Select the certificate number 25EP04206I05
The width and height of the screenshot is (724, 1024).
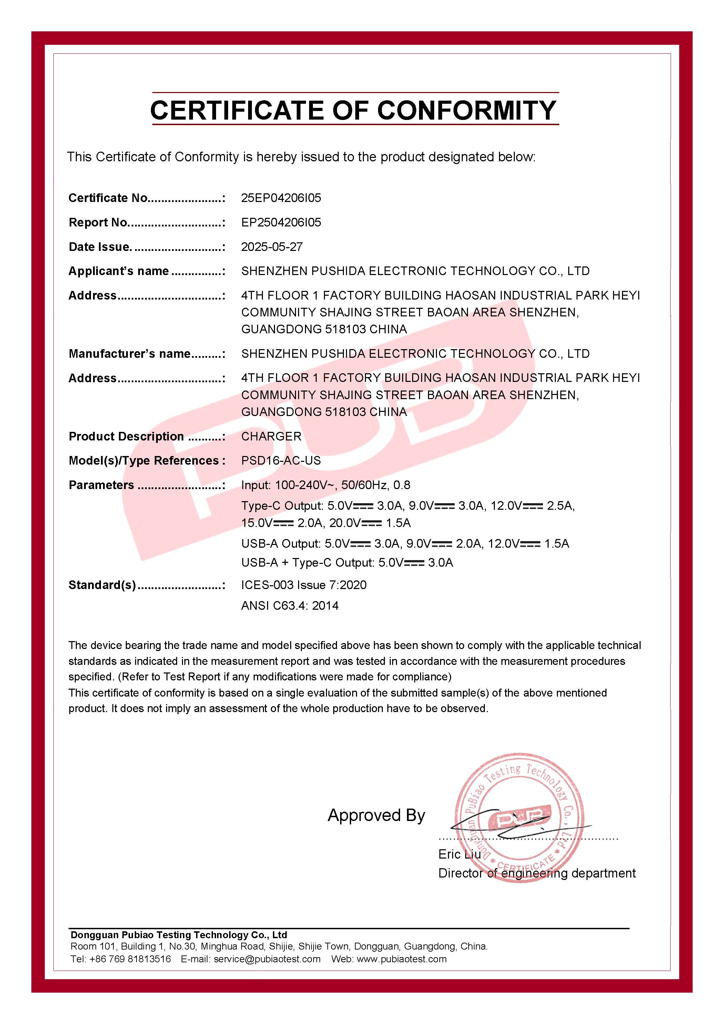pos(281,198)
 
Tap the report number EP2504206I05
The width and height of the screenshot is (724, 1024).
pos(281,223)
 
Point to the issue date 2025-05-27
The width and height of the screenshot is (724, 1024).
pos(272,247)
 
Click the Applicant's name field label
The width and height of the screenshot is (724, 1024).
pos(119,271)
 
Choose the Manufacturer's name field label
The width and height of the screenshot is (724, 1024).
pos(129,354)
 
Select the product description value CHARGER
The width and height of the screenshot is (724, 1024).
pos(271,436)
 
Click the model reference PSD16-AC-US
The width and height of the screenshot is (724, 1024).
pos(281,461)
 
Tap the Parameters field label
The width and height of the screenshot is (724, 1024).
pos(101,485)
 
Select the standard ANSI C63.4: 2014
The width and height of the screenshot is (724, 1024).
pos(290,606)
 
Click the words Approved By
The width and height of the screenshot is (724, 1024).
pos(376,815)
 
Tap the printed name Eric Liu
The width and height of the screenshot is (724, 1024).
pos(459,854)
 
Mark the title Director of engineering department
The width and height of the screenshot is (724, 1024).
pos(537,873)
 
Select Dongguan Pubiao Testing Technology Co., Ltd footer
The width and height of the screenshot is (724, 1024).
pos(178,935)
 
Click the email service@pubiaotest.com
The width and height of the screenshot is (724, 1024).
pos(267,959)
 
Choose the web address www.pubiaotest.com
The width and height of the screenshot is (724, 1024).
pos(401,959)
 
